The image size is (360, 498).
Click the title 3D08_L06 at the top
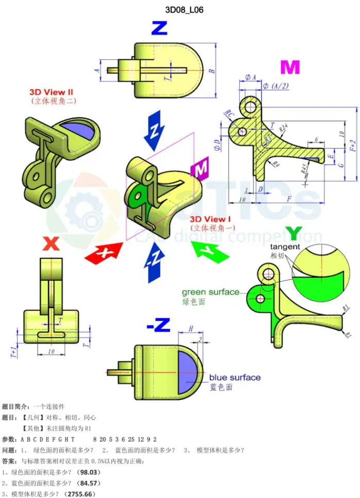click(180, 10)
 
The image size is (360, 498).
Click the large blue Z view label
click(159, 28)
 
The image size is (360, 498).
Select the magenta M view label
click(290, 68)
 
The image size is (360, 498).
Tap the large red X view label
click(51, 243)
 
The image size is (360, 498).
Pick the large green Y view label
click(293, 234)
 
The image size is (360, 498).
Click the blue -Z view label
click(158, 325)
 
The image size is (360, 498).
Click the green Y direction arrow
click(209, 251)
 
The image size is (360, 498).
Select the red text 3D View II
click(51, 92)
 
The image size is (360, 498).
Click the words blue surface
click(235, 377)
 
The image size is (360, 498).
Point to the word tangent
click(285, 247)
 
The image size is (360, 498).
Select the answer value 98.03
click(88, 472)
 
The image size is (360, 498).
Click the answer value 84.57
click(88, 483)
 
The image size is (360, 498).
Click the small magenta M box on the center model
click(199, 169)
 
